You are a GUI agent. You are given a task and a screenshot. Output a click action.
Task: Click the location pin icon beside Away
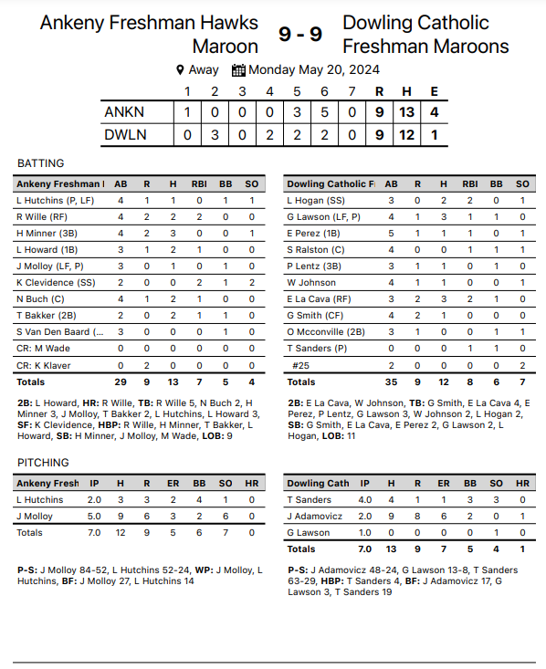pyautogui.click(x=180, y=70)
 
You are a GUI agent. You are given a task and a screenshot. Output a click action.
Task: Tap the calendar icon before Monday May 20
pyautogui.click(x=238, y=70)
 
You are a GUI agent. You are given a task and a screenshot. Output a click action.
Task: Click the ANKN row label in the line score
pyautogui.click(x=124, y=112)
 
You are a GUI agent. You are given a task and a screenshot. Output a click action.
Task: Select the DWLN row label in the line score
pyautogui.click(x=125, y=135)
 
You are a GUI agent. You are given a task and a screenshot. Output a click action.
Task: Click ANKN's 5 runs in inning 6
pyautogui.click(x=324, y=112)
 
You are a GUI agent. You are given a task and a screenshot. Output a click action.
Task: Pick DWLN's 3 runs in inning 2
pyautogui.click(x=215, y=135)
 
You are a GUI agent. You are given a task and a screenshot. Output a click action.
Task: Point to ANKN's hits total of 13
pyautogui.click(x=407, y=112)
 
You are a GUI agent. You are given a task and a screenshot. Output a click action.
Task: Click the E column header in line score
pyautogui.click(x=434, y=91)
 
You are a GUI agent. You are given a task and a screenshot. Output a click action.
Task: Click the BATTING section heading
pyautogui.click(x=41, y=163)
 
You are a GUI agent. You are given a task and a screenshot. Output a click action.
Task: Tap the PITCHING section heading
pyautogui.click(x=43, y=463)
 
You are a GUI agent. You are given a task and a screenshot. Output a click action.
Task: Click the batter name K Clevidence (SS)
pyautogui.click(x=57, y=283)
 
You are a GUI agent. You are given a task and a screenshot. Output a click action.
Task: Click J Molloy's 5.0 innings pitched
pyautogui.click(x=95, y=517)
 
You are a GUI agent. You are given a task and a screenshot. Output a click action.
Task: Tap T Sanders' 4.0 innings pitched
pyautogui.click(x=365, y=500)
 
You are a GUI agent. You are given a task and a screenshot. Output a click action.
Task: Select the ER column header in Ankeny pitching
pyautogui.click(x=173, y=484)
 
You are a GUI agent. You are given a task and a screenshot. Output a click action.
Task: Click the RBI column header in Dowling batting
pyautogui.click(x=470, y=183)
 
